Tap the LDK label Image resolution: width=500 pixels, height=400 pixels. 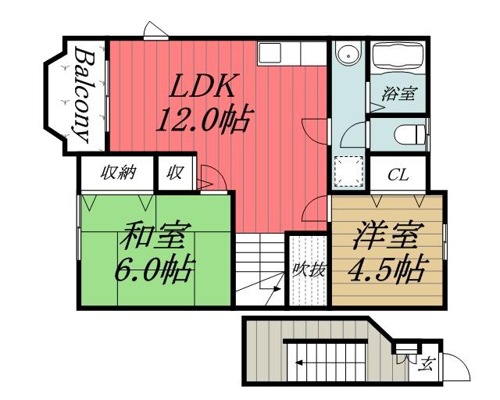204,85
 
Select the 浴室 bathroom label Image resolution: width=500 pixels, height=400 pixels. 398,94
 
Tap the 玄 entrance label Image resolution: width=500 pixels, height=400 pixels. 427,363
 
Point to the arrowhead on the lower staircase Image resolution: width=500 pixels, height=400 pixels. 298,362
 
